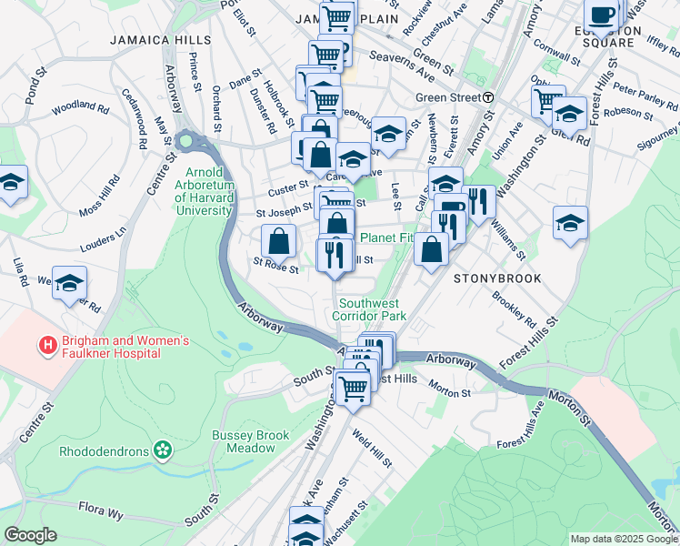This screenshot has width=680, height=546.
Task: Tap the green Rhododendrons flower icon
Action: coord(163,450)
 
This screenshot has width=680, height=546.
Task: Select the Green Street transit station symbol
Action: coord(488,97)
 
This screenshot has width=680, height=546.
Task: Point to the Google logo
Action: coord(30,535)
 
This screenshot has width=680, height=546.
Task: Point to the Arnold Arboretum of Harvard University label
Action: coord(209,191)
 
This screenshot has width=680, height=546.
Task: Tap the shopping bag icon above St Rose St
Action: coord(278,242)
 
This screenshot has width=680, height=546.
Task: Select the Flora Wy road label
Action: coord(100,513)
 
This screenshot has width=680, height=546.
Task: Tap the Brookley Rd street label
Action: coord(514,308)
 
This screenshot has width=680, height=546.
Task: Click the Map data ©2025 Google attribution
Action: coord(623,538)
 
